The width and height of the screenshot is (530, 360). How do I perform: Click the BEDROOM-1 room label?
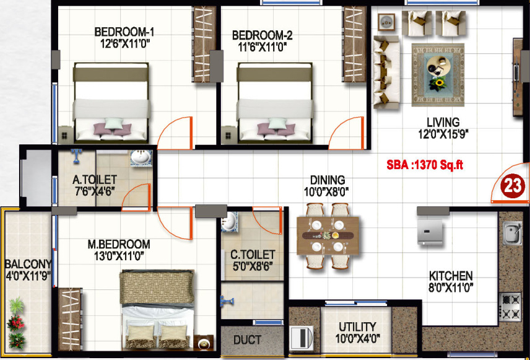124,32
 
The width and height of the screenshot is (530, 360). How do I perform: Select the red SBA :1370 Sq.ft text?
425,165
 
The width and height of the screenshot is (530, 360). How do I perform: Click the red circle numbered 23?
513,187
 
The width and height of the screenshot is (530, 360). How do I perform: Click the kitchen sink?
512,232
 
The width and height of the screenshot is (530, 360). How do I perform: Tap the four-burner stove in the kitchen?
510,307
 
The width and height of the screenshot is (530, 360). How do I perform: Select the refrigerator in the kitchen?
430,232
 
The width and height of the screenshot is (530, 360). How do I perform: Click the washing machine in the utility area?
302,337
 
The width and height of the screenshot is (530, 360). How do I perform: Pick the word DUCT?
248,340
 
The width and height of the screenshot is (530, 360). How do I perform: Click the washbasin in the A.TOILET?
141,158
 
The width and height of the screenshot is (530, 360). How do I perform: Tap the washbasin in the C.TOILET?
230,222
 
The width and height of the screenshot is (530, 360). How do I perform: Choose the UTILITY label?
357,327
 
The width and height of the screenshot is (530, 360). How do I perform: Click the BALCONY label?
28,264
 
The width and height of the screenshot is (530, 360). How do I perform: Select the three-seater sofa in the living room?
386,72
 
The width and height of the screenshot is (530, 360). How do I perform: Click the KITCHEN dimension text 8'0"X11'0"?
451,288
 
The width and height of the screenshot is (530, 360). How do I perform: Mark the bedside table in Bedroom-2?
229,135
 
